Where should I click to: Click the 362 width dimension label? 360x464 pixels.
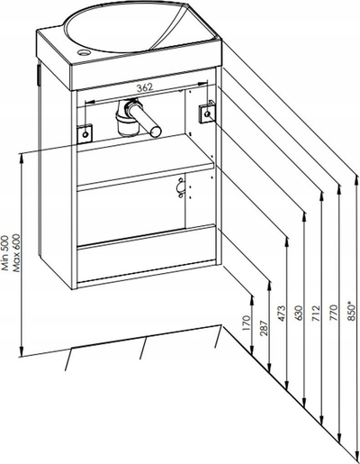click(x=145, y=87)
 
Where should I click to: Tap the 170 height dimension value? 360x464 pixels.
click(x=247, y=323)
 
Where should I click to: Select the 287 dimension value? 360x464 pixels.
click(x=264, y=326)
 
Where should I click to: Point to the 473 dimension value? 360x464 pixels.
click(x=282, y=314)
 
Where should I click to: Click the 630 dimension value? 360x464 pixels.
click(x=299, y=314)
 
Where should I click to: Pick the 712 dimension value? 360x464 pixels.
click(x=316, y=314)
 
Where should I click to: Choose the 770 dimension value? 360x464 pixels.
click(x=334, y=314)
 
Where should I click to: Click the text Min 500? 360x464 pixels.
click(x=5, y=252)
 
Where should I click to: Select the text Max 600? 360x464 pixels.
click(x=15, y=252)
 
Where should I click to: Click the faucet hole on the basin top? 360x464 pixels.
click(x=83, y=53)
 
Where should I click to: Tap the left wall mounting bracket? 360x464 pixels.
click(x=85, y=133)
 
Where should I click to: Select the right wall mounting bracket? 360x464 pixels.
click(x=207, y=113)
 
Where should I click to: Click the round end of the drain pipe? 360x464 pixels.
click(x=156, y=132)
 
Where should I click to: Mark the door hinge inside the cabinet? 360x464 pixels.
click(x=181, y=187)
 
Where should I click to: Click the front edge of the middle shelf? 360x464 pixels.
click(x=145, y=177)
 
